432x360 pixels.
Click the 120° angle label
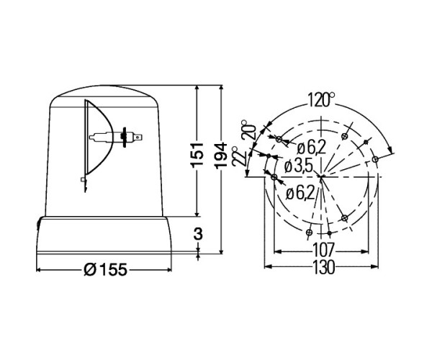click(320, 99)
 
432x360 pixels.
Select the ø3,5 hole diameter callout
click(298, 167)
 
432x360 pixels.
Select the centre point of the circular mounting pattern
click(320, 176)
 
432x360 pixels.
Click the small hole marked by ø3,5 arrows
click(269, 156)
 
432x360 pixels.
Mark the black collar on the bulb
click(124, 135)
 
